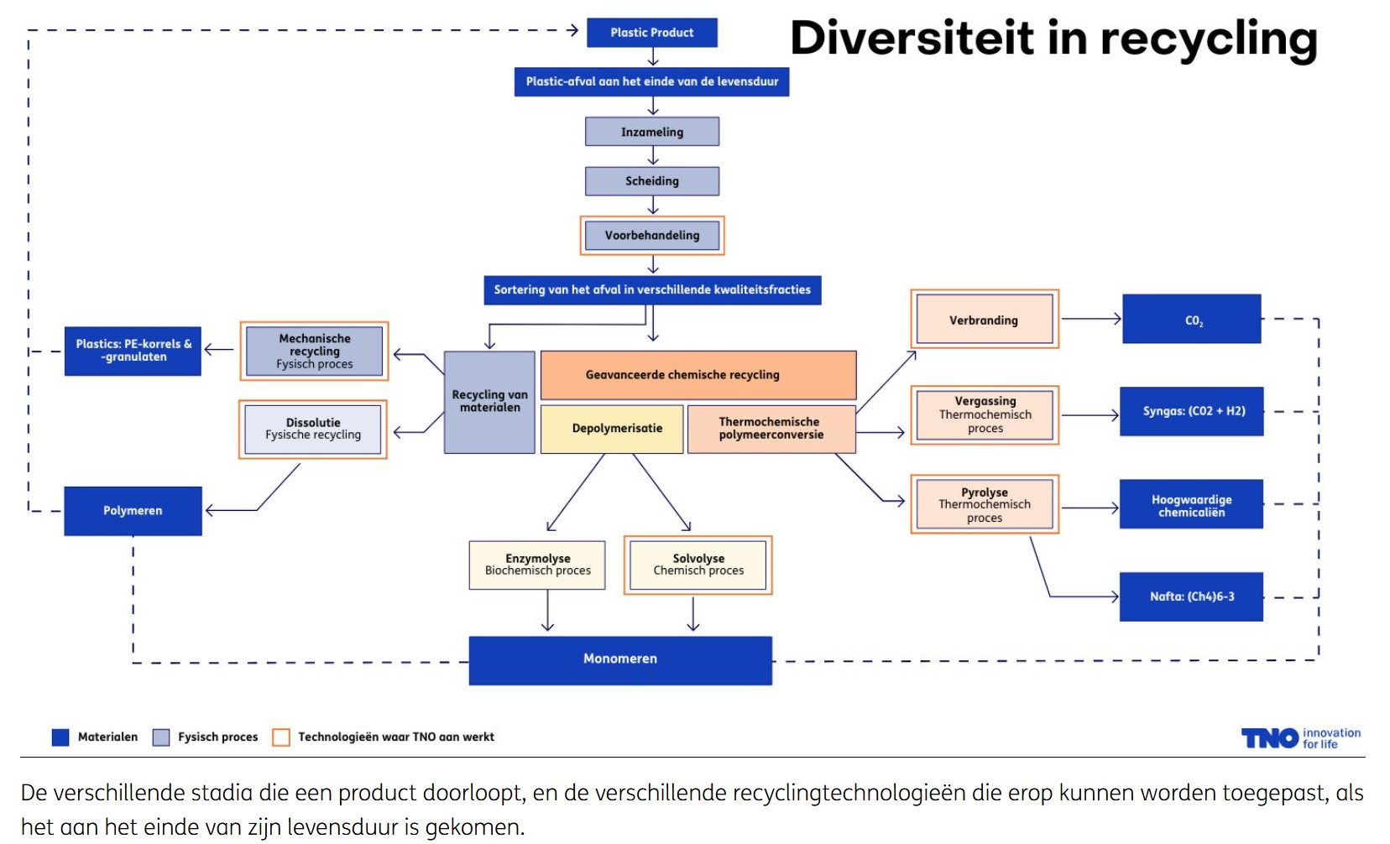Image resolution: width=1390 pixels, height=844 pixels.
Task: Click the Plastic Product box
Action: coord(651,33)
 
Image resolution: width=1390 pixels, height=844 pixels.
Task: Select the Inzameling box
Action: coord(652,132)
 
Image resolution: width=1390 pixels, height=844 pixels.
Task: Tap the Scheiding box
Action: coord(652,181)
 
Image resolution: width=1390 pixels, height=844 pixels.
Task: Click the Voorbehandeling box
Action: coord(652,236)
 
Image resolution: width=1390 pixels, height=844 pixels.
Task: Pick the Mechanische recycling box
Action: coord(315,351)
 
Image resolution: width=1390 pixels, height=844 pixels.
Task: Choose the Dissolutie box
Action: coord(313,429)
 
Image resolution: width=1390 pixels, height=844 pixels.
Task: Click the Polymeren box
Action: coord(133,510)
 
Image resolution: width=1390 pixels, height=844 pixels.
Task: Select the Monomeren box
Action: coord(620,659)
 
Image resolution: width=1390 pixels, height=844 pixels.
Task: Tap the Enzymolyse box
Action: coord(537,565)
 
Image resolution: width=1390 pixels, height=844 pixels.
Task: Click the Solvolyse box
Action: coord(698,565)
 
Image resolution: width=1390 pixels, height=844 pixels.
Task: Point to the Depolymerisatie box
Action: coord(617,429)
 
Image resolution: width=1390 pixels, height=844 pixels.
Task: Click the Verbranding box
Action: coord(984,320)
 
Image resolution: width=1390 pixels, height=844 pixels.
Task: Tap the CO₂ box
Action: coord(1192,320)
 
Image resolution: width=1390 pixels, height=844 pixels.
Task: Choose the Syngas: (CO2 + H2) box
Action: coord(1192,411)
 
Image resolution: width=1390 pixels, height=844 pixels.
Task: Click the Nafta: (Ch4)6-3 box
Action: coord(1192,597)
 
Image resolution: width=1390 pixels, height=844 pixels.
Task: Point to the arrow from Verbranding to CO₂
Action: coord(1091,319)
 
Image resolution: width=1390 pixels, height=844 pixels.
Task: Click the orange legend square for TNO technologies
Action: coord(281,737)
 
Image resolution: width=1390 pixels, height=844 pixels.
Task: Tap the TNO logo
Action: coord(1269,738)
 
